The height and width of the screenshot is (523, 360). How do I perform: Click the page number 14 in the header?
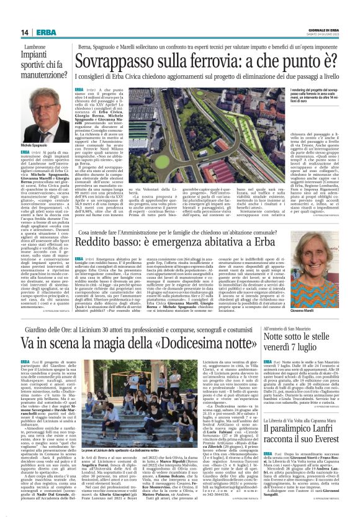[x=25, y=32]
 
